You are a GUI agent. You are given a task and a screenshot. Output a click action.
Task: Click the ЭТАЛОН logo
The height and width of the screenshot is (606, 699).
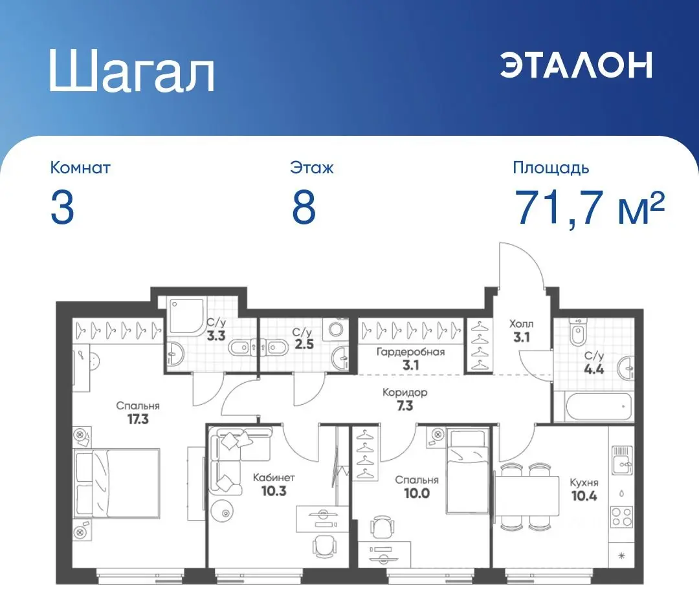click(576, 65)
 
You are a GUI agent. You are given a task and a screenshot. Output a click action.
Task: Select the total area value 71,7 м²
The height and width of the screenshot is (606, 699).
click(589, 208)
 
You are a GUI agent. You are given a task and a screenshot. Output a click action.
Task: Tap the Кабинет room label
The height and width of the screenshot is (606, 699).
click(274, 477)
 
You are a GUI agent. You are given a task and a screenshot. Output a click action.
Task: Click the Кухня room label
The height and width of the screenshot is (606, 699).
click(583, 482)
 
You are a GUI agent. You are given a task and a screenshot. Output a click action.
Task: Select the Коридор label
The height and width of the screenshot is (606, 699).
click(405, 393)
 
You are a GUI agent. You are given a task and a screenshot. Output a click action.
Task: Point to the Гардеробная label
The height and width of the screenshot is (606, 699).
click(411, 352)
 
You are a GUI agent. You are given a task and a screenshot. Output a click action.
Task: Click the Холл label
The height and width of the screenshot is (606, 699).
click(521, 323)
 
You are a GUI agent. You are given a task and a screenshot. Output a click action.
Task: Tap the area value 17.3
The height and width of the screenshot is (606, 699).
click(138, 418)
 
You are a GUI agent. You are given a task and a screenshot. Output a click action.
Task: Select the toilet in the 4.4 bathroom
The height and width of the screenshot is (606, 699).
click(577, 333)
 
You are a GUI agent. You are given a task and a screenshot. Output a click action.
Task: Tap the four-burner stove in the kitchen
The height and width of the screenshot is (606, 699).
click(621, 517)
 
